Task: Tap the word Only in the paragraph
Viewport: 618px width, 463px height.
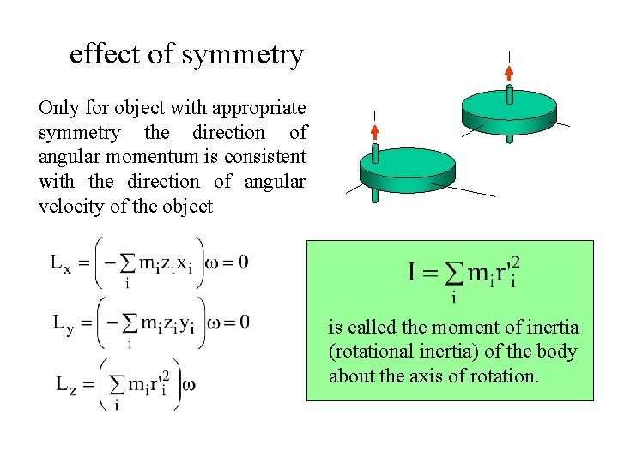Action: pyautogui.click(x=58, y=108)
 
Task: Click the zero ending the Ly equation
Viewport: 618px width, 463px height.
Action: pyautogui.click(x=244, y=322)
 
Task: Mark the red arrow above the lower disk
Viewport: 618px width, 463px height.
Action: pyautogui.click(x=375, y=132)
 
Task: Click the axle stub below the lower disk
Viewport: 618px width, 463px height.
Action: pyautogui.click(x=375, y=195)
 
